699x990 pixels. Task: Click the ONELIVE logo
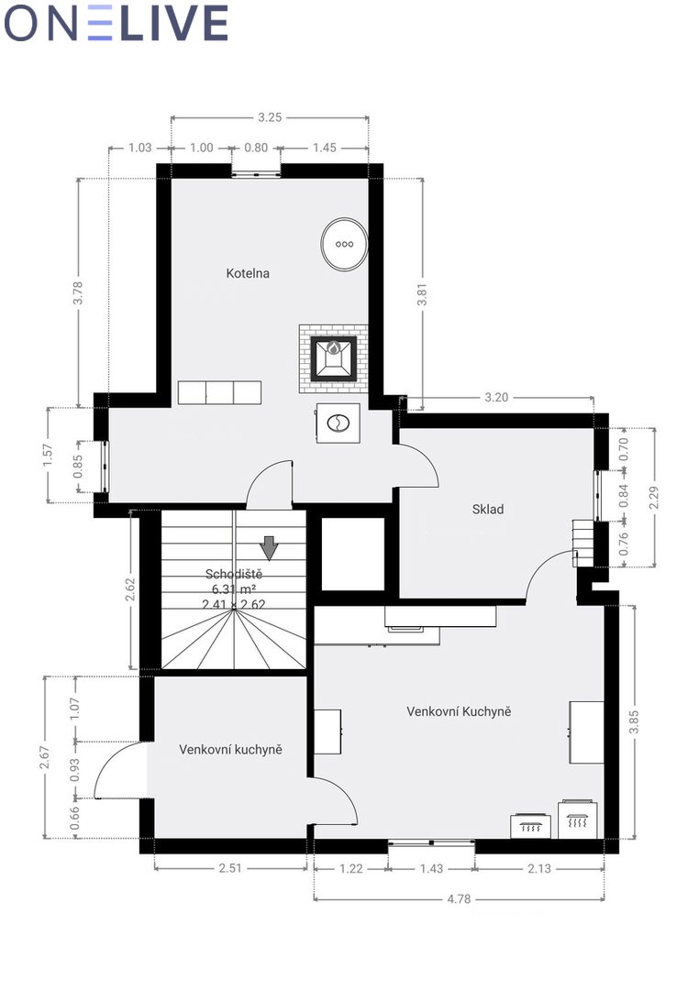click(116, 23)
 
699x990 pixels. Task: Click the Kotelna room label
click(248, 273)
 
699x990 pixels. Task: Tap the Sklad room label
click(488, 509)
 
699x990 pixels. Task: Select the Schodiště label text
click(233, 574)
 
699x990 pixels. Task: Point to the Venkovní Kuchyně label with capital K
click(459, 711)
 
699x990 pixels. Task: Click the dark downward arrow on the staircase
click(270, 548)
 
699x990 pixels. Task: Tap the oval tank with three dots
click(344, 245)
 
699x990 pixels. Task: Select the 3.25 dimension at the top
click(270, 116)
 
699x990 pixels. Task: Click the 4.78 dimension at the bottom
click(459, 899)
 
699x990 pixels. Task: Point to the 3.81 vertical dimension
click(423, 294)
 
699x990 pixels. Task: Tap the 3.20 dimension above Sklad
click(496, 398)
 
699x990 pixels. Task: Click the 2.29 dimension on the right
click(654, 498)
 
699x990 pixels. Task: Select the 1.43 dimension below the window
click(432, 869)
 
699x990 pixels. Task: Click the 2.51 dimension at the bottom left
click(230, 869)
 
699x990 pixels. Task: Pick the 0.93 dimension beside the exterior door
click(75, 769)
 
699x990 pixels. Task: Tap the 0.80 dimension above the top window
click(256, 148)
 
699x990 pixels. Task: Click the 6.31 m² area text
click(234, 589)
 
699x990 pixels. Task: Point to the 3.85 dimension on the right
click(635, 722)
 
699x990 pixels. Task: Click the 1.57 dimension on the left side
click(48, 456)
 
